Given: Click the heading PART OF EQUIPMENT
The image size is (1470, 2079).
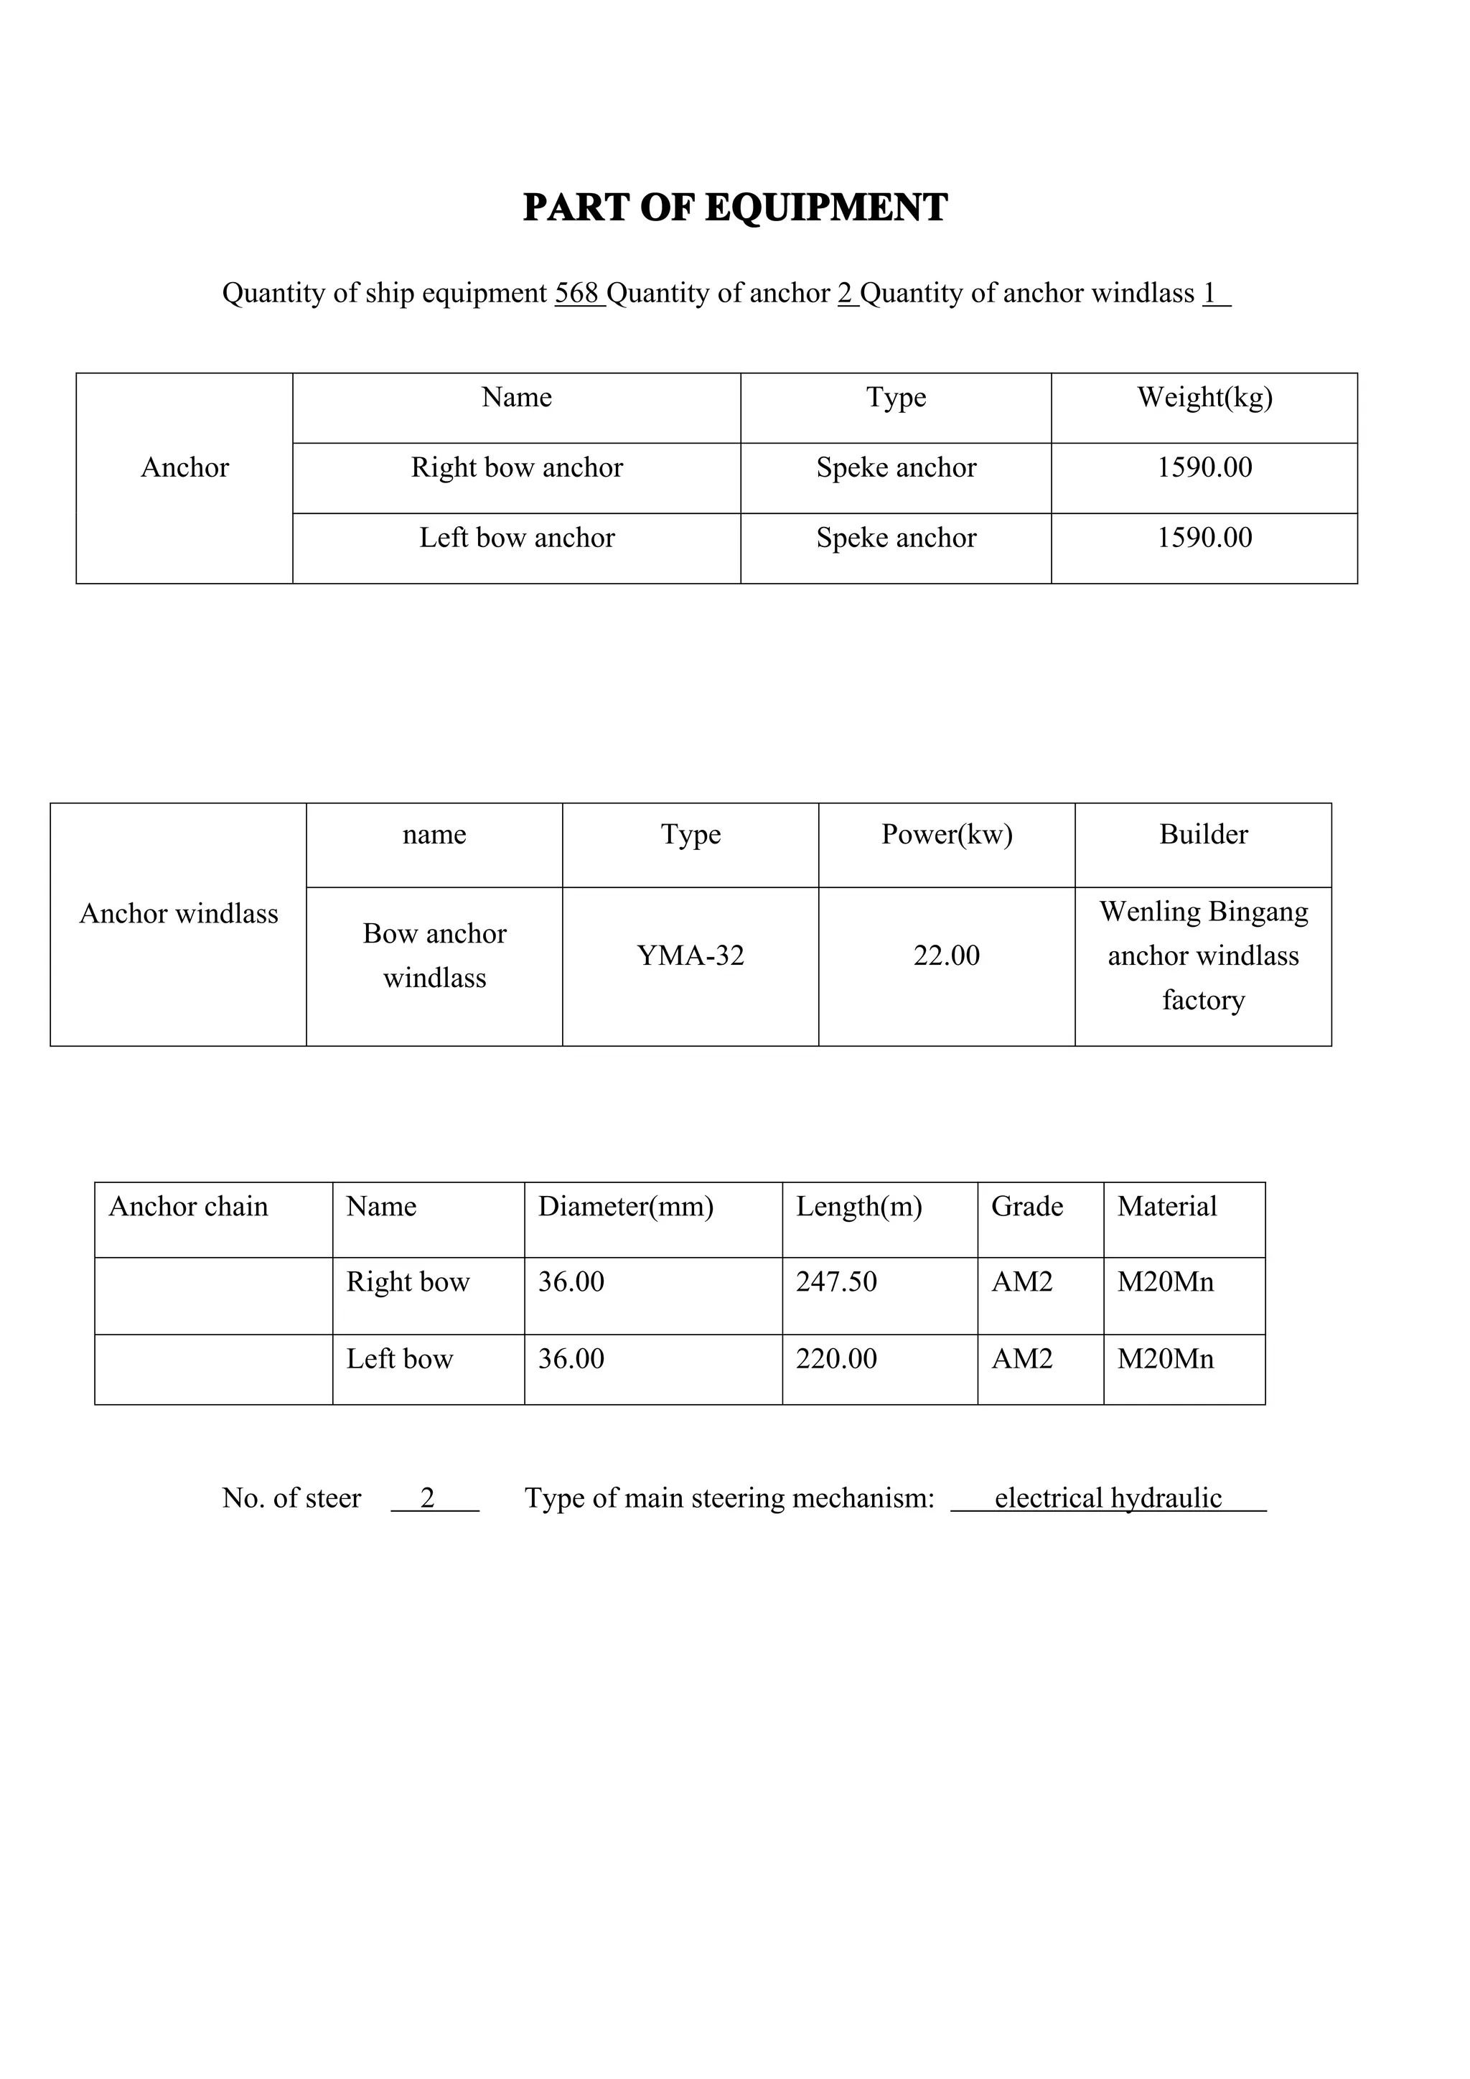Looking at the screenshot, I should (735, 207).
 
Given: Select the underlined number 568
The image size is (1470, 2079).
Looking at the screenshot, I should (578, 294).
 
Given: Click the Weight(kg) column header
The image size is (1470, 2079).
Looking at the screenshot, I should (1205, 398).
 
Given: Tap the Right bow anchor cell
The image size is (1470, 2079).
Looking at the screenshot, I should (517, 467).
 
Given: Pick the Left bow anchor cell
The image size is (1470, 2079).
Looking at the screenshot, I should (517, 538).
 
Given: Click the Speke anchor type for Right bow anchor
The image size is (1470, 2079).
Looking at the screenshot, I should (896, 467).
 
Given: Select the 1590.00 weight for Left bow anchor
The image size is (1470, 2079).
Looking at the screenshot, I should (1205, 538).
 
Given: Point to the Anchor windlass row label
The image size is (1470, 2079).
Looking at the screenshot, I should (178, 914).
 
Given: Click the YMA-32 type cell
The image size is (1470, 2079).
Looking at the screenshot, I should (690, 956).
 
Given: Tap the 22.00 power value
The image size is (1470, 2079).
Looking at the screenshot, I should (947, 956).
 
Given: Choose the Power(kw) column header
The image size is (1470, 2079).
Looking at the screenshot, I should (947, 835).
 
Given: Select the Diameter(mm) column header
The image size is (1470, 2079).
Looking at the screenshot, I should (625, 1207).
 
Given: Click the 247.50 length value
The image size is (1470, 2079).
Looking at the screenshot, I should (836, 1282).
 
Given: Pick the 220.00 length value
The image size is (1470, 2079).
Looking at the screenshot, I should (836, 1359).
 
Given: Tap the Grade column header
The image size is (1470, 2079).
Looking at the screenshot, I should (1027, 1207).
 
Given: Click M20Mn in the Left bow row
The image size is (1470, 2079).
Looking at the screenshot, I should (1166, 1359).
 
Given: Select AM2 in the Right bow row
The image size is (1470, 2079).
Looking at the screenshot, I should (1022, 1282).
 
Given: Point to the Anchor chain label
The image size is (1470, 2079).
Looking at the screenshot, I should (188, 1207).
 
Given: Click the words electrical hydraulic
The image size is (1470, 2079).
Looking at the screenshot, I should (1108, 1498).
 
